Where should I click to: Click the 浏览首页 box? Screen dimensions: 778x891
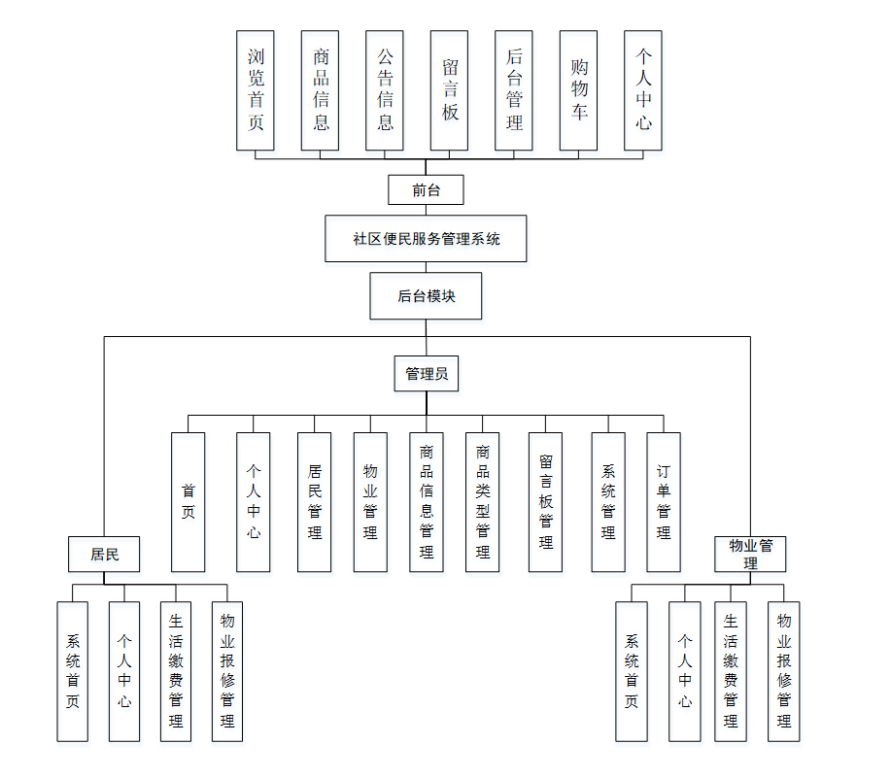pos(256,90)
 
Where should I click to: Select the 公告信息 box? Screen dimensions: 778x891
pos(385,90)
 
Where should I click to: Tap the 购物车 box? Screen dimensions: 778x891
pos(578,90)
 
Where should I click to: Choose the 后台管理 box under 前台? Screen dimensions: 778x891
pos(514,90)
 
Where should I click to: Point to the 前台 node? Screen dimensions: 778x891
pos(426,190)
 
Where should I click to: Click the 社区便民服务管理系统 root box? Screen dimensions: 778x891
pos(426,239)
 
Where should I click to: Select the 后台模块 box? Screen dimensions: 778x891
pos(426,296)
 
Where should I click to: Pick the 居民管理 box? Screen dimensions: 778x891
pos(314,502)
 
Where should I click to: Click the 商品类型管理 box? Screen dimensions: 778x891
pos(482,502)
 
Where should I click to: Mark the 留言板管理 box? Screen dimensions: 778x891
pos(545,502)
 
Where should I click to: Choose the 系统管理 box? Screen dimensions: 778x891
pos(607,502)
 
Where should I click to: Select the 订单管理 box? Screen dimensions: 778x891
pos(664,502)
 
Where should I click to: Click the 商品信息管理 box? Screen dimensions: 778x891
pos(426,502)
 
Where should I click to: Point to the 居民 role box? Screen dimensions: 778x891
pos(104,555)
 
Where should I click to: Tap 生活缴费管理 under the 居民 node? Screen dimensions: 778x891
pos(176,671)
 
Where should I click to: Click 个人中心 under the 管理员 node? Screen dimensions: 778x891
pos(253,502)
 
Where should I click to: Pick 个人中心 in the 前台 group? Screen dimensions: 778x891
pos(643,90)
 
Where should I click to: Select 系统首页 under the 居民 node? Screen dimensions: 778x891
pos(72,671)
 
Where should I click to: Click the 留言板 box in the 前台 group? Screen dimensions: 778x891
pos(449,90)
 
